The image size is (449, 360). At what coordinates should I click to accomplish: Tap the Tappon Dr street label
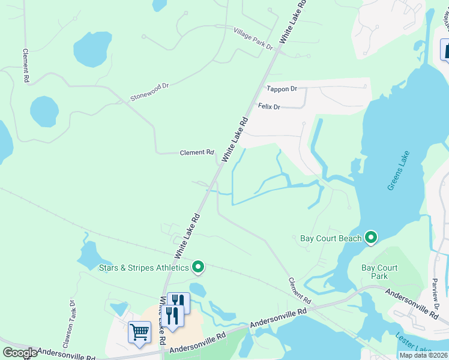point(282,89)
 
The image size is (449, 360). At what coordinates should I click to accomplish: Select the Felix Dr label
point(269,107)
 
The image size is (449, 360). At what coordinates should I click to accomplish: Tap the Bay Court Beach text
point(331,238)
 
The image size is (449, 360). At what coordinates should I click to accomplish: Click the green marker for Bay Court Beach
point(371,238)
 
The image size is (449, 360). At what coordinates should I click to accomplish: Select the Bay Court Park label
point(379,272)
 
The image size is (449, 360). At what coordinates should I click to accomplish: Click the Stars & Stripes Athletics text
point(143,267)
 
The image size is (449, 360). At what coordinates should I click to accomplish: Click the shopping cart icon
point(139,331)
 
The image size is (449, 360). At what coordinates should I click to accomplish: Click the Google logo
point(19,353)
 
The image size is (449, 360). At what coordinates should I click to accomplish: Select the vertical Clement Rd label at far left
point(26,66)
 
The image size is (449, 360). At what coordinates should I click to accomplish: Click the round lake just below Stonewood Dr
point(44,111)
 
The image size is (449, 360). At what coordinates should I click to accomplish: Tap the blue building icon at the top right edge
point(445,50)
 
